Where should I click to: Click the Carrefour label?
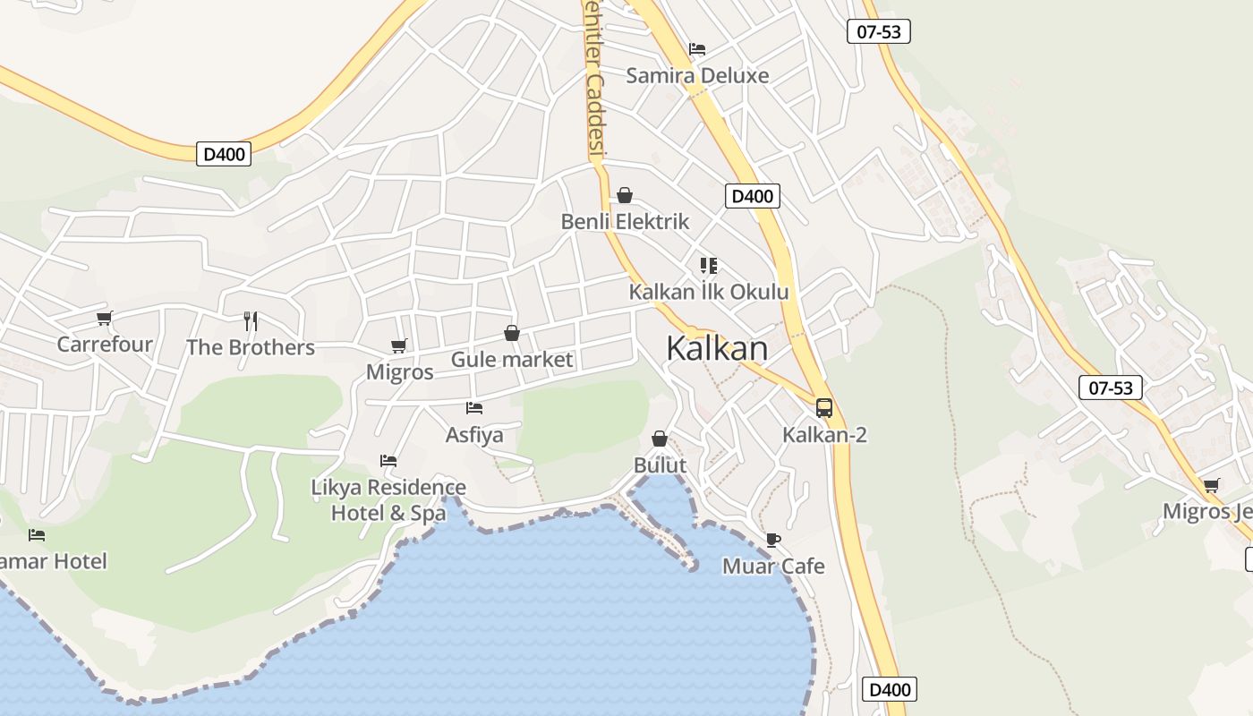[x=105, y=345]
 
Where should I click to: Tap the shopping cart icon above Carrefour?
[x=105, y=318]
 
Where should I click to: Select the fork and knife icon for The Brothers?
[x=251, y=320]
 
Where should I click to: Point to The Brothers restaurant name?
[x=251, y=347]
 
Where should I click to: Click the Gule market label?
[x=512, y=360]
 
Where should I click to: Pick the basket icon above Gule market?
[x=512, y=334]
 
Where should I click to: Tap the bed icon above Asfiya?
[x=474, y=408]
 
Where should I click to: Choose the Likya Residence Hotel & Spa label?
[x=388, y=500]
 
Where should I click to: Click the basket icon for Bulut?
[x=660, y=439]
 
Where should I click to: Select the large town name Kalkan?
[x=717, y=348]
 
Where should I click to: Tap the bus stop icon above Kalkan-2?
[x=824, y=408]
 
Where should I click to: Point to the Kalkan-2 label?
[x=824, y=435]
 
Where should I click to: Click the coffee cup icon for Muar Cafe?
[x=773, y=540]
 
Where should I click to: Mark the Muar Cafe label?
[x=773, y=567]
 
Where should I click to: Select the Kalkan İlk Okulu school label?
[x=709, y=292]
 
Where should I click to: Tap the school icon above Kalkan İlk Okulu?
[x=709, y=266]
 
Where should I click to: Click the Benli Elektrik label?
[x=625, y=221]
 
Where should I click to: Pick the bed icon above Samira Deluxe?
[x=697, y=49]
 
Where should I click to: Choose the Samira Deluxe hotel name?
[x=697, y=75]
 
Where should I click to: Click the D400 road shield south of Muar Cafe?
[x=890, y=689]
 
